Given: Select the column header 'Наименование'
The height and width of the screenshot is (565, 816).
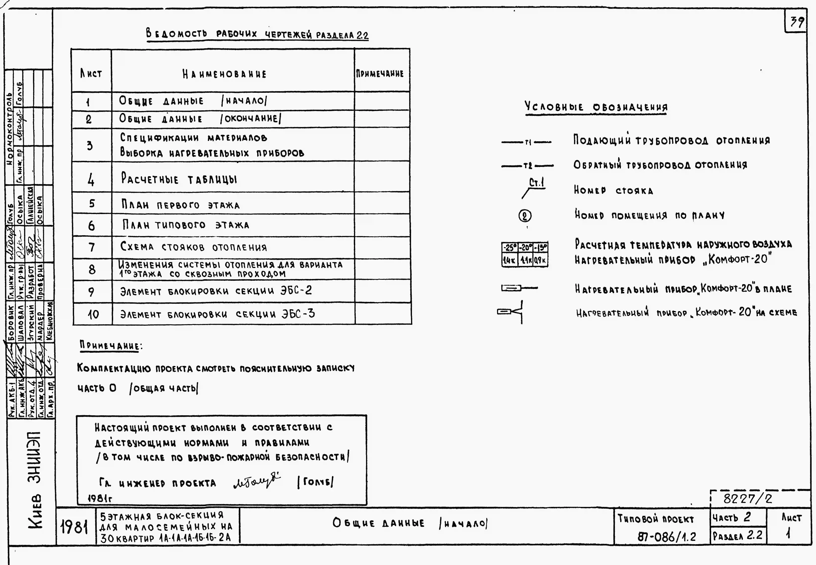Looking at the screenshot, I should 224,74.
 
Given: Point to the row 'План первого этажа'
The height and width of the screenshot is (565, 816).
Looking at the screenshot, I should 181,205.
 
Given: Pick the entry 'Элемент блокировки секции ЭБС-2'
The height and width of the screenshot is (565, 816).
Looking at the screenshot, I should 216,291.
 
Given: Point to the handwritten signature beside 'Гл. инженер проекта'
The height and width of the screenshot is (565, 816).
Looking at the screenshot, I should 257,482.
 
